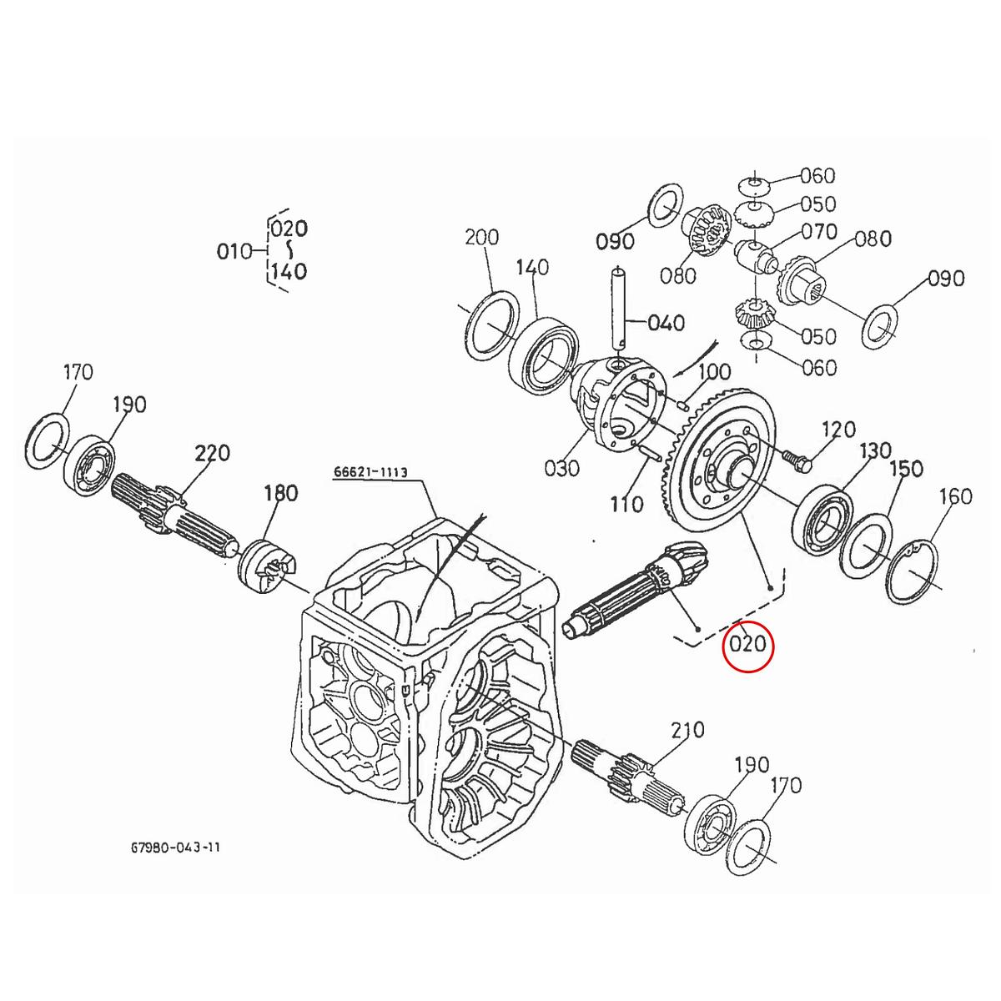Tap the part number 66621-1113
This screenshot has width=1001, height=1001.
tap(370, 472)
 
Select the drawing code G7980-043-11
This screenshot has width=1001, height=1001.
tap(175, 847)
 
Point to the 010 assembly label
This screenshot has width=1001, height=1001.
tap(234, 250)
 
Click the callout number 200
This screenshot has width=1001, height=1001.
tap(481, 238)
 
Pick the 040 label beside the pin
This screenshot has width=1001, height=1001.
tap(666, 323)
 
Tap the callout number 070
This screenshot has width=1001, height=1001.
tap(818, 230)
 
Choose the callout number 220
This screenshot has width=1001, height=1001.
tap(212, 454)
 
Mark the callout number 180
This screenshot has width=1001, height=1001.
tap(280, 493)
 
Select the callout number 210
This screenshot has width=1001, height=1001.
tap(687, 731)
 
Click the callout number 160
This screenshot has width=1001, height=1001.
tap(955, 496)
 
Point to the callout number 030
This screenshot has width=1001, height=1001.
tap(561, 468)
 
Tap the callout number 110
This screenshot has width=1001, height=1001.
tap(626, 504)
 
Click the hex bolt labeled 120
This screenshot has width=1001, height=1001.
tap(792, 456)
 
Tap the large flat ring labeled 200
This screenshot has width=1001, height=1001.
tap(489, 325)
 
